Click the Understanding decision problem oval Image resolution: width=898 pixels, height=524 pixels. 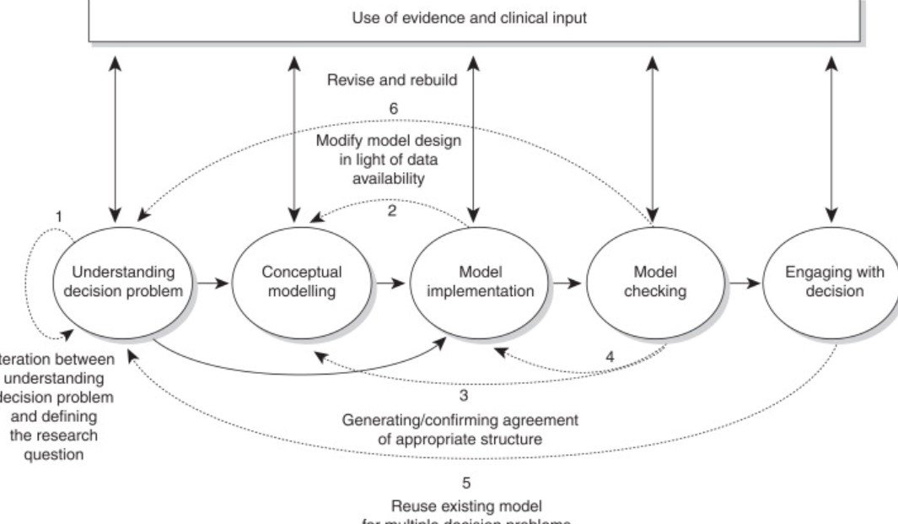(123, 282)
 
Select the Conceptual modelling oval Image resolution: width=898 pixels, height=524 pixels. (301, 282)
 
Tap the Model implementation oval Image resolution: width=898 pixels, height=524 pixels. (481, 282)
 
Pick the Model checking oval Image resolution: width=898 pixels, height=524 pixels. (657, 282)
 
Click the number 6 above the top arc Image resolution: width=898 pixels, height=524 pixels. (393, 109)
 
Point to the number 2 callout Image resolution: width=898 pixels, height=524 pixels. (392, 211)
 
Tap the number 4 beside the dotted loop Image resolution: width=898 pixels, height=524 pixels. (610, 357)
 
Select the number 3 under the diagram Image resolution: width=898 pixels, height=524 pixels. (464, 394)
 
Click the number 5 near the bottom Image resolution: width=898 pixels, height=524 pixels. (465, 483)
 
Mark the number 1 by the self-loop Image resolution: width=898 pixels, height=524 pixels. (59, 217)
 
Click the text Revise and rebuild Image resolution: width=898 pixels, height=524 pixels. (392, 81)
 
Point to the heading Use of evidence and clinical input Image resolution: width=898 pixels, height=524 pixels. (469, 18)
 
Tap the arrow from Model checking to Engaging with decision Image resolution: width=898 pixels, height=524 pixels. (745, 284)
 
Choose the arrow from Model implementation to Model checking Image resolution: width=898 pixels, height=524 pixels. (567, 284)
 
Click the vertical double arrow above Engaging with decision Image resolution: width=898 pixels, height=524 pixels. (832, 141)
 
